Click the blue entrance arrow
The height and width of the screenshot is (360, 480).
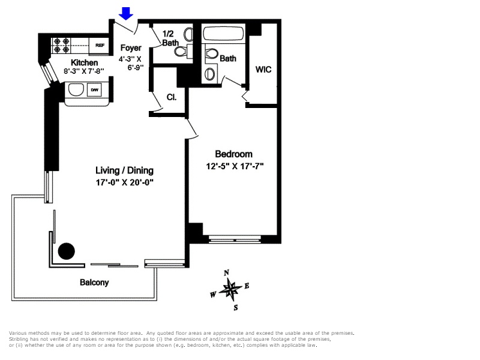point(125,13)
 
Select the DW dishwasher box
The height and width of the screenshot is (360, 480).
point(94,90)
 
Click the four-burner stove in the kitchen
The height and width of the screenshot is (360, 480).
point(62,44)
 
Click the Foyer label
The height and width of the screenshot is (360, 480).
point(131,48)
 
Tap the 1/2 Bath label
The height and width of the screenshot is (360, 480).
point(170,38)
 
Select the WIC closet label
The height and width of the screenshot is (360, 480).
point(263,70)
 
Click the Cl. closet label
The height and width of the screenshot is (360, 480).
point(171,97)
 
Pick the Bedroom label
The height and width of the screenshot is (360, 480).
point(233,154)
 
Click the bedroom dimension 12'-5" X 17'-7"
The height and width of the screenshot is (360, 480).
point(235,166)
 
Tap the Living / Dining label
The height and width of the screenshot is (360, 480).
point(125,170)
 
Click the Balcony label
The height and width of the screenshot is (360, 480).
point(94,283)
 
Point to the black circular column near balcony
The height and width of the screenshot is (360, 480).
point(66,250)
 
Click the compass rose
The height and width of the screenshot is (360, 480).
point(230,290)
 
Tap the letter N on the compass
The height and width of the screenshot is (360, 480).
point(227,273)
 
